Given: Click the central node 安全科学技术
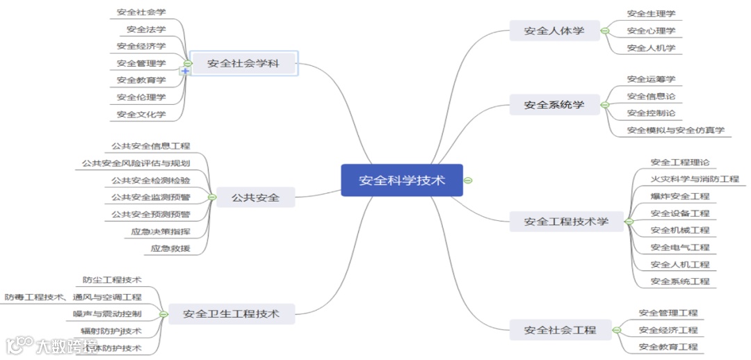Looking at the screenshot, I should pyautogui.click(x=402, y=181).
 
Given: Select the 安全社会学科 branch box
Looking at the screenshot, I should pyautogui.click(x=243, y=64).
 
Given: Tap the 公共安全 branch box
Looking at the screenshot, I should pyautogui.click(x=256, y=198).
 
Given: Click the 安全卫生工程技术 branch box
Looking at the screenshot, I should pyautogui.click(x=231, y=314).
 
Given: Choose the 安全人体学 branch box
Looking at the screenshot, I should pyautogui.click(x=554, y=31).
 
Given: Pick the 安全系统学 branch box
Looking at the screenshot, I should pyautogui.click(x=554, y=105).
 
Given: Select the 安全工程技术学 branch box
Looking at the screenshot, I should pyautogui.click(x=566, y=222).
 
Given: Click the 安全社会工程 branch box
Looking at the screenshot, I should pyautogui.click(x=560, y=330).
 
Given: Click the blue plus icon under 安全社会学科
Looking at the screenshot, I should pyautogui.click(x=186, y=72).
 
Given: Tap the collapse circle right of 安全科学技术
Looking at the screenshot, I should pyautogui.click(x=468, y=181).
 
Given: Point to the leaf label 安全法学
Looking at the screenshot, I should pyautogui.click(x=146, y=29).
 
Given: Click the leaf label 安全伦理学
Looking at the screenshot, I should pyautogui.click(x=141, y=97).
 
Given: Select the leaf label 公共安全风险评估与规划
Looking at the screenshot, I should pyautogui.click(x=136, y=163).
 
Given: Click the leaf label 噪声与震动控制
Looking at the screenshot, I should pyautogui.click(x=107, y=314).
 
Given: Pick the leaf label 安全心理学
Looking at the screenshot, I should pyautogui.click(x=651, y=31).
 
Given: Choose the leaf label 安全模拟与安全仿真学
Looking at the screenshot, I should pyautogui.click(x=675, y=130).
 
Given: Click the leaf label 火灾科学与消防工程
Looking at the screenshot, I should pyautogui.click(x=695, y=179).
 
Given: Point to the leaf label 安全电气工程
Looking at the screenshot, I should pyautogui.click(x=680, y=247).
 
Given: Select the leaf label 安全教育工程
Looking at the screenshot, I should pyautogui.click(x=668, y=347).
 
